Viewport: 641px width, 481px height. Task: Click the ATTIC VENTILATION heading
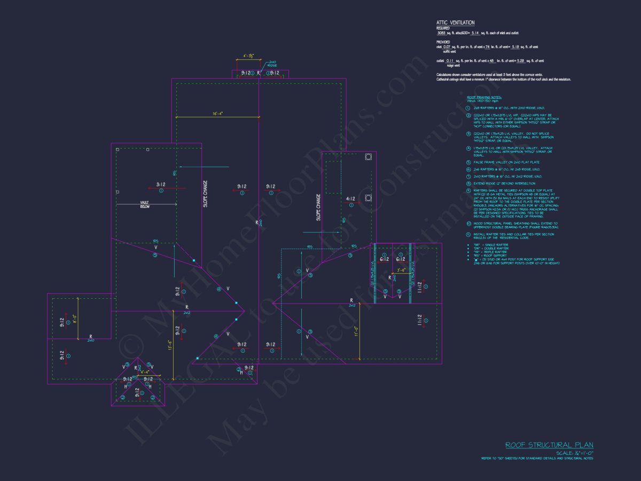click(455, 22)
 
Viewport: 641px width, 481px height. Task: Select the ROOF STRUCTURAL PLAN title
click(549, 445)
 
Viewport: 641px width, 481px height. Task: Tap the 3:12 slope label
click(160, 184)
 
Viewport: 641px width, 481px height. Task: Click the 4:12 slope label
click(350, 199)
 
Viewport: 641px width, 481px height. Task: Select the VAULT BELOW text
click(145, 204)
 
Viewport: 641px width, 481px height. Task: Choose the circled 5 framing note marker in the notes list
click(468, 162)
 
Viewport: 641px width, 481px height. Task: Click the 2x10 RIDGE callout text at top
click(272, 63)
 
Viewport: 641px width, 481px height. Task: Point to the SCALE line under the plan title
click(574, 453)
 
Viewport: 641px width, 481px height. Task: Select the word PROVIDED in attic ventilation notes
click(443, 42)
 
